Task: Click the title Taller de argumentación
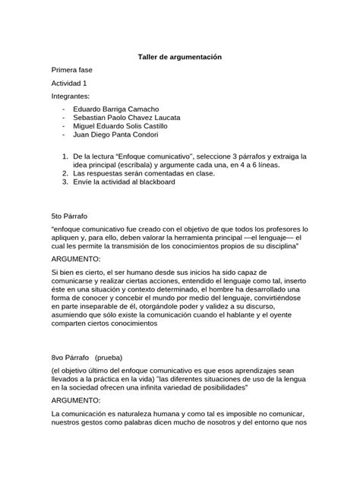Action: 179,57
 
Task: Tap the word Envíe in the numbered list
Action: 85,182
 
